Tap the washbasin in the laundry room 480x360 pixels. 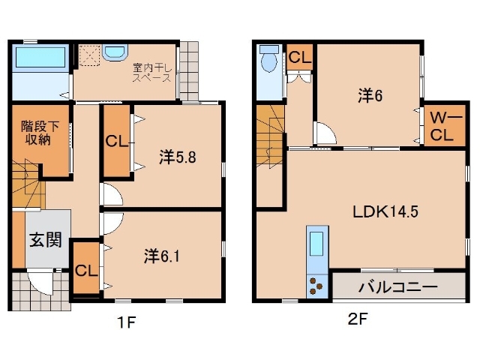(x=115, y=52)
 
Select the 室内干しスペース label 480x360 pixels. (x=152, y=72)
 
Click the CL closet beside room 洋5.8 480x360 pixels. (x=115, y=140)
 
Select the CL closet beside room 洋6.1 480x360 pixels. (x=85, y=270)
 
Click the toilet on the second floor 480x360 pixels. (x=268, y=64)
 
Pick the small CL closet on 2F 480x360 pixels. (x=299, y=57)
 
